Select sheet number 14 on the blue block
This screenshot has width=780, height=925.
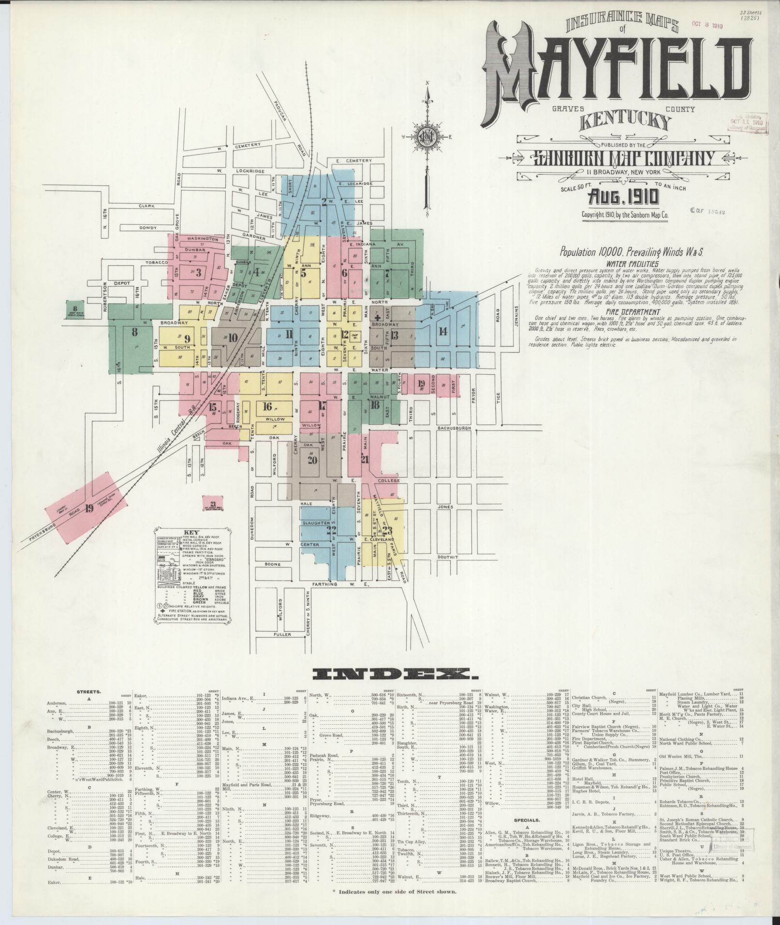(442, 331)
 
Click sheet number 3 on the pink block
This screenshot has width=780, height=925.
(198, 272)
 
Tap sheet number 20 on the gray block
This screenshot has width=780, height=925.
(312, 460)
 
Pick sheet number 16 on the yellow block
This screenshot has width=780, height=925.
(267, 406)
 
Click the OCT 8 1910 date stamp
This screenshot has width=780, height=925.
(707, 26)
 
